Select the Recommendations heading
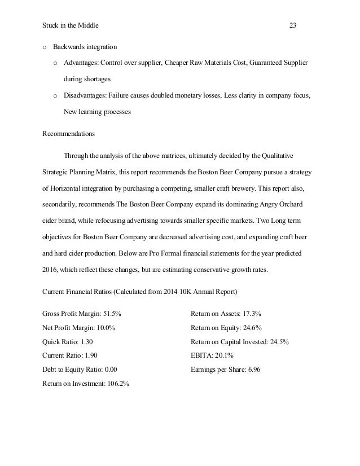(x=69, y=134)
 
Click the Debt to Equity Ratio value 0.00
(x=112, y=370)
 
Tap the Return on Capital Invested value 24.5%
(x=278, y=341)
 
